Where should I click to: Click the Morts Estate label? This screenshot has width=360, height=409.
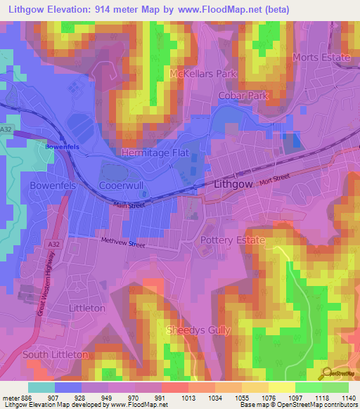(321, 58)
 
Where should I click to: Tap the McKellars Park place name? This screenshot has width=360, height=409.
(204, 73)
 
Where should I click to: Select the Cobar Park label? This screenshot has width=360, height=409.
(244, 95)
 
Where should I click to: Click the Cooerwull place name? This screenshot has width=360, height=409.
(122, 186)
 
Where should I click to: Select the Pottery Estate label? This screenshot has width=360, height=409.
(233, 240)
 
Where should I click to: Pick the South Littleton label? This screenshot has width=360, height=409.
(56, 354)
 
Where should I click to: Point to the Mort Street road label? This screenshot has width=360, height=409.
(274, 181)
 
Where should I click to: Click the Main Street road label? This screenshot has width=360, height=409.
(129, 205)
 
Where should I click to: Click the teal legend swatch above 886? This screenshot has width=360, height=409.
(41, 387)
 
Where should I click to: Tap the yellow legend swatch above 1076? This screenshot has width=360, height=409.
(282, 387)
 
